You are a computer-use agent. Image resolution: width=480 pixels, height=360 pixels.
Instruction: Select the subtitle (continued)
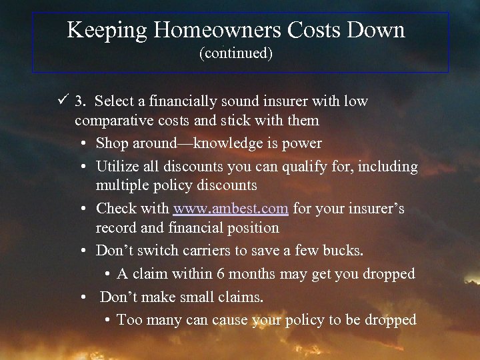pos(236,53)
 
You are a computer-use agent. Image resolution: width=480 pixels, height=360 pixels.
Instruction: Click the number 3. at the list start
pos(81,101)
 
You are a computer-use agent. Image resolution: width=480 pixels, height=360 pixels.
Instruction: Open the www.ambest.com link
pos(231,208)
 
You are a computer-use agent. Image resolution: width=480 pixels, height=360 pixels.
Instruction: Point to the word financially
pos(177,101)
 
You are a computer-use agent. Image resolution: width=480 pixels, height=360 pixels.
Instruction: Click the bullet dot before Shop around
pos(87,144)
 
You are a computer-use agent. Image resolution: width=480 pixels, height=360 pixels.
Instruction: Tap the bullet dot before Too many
pos(108,321)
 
